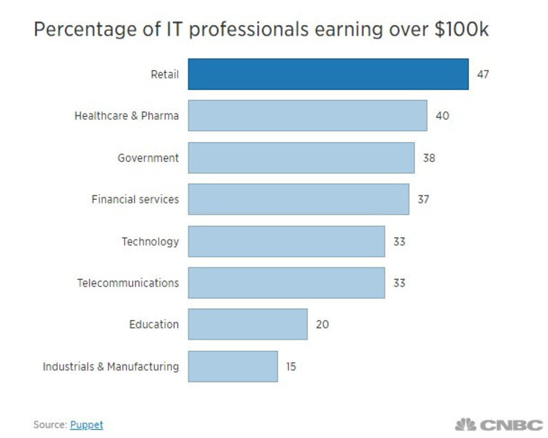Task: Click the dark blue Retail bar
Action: click(328, 74)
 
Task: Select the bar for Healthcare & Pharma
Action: click(308, 116)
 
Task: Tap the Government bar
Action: click(301, 158)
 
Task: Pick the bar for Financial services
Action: click(298, 199)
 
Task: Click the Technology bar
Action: click(286, 241)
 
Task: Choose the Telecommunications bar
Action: click(286, 282)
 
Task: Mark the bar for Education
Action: click(248, 325)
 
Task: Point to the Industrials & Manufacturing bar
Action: click(233, 366)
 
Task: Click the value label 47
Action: click(483, 74)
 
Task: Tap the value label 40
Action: click(442, 116)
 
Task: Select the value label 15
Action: click(290, 367)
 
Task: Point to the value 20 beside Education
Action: click(322, 325)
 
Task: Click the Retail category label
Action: click(164, 74)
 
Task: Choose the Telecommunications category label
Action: click(128, 283)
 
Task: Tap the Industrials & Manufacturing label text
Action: click(111, 367)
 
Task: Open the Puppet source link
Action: click(86, 424)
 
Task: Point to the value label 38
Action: click(429, 158)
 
